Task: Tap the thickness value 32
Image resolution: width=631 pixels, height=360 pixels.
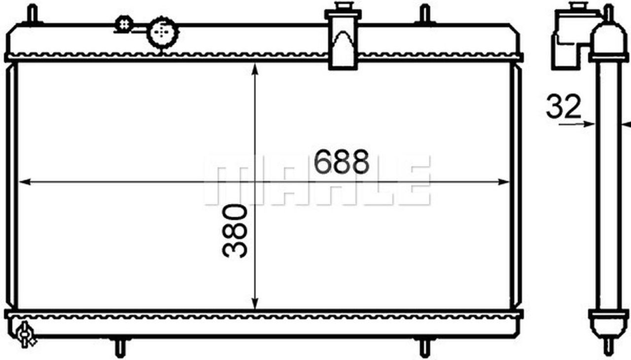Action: [563, 107]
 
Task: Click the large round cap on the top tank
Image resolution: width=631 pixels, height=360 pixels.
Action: [163, 32]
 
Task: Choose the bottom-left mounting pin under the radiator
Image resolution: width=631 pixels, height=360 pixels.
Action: [120, 348]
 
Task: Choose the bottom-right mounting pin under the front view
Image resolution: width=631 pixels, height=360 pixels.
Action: [424, 348]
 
